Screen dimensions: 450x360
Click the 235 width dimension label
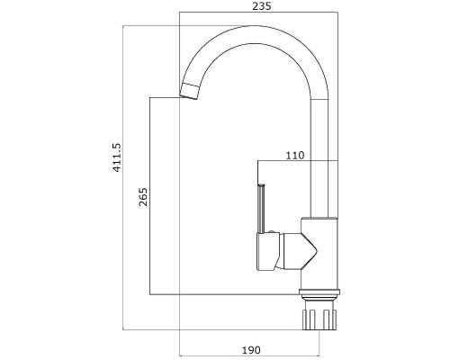tap(261, 6)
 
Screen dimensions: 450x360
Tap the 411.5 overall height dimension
tap(116, 157)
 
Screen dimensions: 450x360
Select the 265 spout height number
tap(143, 197)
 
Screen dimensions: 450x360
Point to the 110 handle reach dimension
tap(295, 156)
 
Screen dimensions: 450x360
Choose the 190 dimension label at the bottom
tap(251, 350)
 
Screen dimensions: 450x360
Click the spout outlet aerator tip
tap(189, 91)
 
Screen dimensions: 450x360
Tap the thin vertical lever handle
tap(260, 209)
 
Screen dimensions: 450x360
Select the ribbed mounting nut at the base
tap(319, 319)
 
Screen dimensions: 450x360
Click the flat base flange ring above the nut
tap(319, 292)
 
